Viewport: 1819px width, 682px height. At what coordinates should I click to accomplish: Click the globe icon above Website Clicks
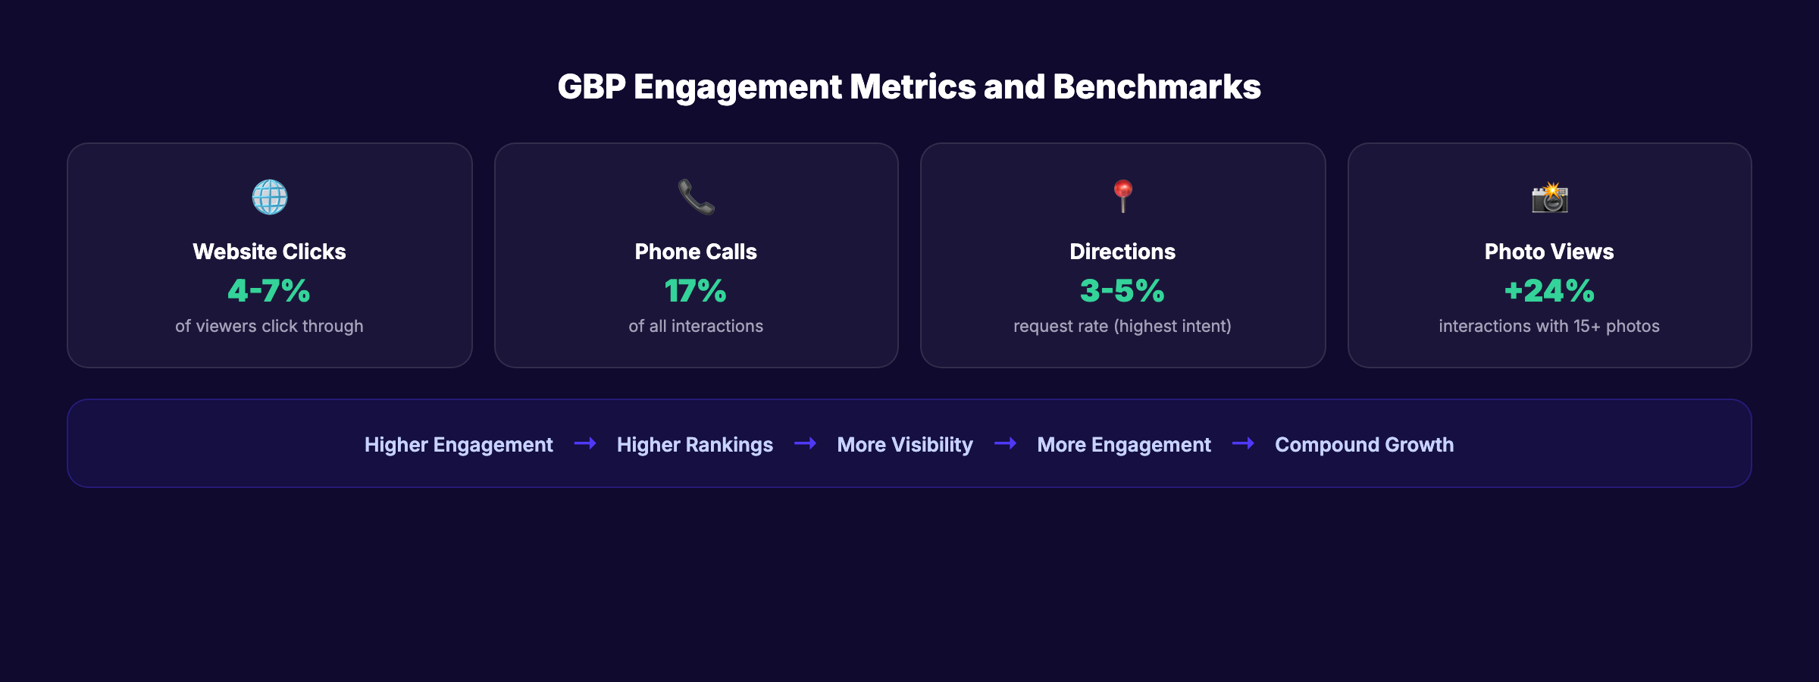270,197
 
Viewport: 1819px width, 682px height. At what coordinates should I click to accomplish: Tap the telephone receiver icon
696,197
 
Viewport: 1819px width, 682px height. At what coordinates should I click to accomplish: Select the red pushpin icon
1122,196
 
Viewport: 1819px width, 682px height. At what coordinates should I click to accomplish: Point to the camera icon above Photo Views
1549,198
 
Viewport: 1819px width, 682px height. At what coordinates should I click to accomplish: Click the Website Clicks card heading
269,252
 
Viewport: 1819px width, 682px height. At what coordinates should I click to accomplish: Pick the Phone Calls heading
696,252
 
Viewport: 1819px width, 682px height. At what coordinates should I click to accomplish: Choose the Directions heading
1122,252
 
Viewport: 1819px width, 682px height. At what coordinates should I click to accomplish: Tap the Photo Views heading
1549,252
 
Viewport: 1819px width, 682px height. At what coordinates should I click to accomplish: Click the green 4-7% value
269,291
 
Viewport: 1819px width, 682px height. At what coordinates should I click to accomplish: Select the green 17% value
696,291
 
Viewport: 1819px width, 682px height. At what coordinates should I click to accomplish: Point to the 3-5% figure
1122,291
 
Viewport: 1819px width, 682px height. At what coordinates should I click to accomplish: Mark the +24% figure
1549,291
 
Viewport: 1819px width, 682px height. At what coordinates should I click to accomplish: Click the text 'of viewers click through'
269,326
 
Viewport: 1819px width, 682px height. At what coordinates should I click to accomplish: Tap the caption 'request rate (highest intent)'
1122,326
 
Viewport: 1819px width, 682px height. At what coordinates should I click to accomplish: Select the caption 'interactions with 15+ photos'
1549,326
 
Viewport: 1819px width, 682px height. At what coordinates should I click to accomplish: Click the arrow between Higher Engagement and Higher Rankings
585,443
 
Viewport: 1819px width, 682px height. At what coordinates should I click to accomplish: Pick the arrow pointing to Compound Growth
1243,443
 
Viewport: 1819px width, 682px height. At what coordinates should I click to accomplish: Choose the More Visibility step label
905,445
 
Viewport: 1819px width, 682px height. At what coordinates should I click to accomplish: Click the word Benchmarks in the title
1157,87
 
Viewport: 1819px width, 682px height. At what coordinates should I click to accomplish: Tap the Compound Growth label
1364,445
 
